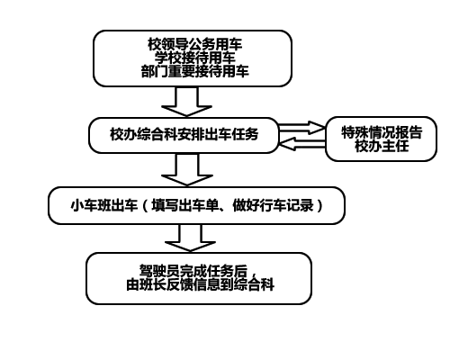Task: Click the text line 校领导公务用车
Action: tap(194, 44)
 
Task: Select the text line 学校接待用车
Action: tap(194, 58)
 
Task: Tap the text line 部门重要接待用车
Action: tap(194, 71)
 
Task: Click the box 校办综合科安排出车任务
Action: tap(184, 135)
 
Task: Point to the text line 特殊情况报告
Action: tap(382, 132)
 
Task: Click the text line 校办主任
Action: tap(382, 146)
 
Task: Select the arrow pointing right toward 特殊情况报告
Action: tap(301, 128)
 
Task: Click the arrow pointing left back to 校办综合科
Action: tap(302, 144)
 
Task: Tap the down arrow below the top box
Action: tap(186, 102)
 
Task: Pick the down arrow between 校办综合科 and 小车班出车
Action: tap(187, 169)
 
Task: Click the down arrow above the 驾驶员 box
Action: tap(190, 238)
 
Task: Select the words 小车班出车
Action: tap(104, 206)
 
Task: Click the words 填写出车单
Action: tap(185, 206)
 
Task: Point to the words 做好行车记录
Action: tap(273, 206)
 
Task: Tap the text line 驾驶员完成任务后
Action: tap(193, 271)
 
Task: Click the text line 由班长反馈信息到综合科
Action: tap(200, 284)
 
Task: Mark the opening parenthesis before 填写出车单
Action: tap(145, 206)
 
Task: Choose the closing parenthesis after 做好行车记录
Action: tap(319, 206)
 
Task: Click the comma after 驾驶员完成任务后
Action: tap(253, 274)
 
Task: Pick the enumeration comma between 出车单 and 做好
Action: tap(224, 210)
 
